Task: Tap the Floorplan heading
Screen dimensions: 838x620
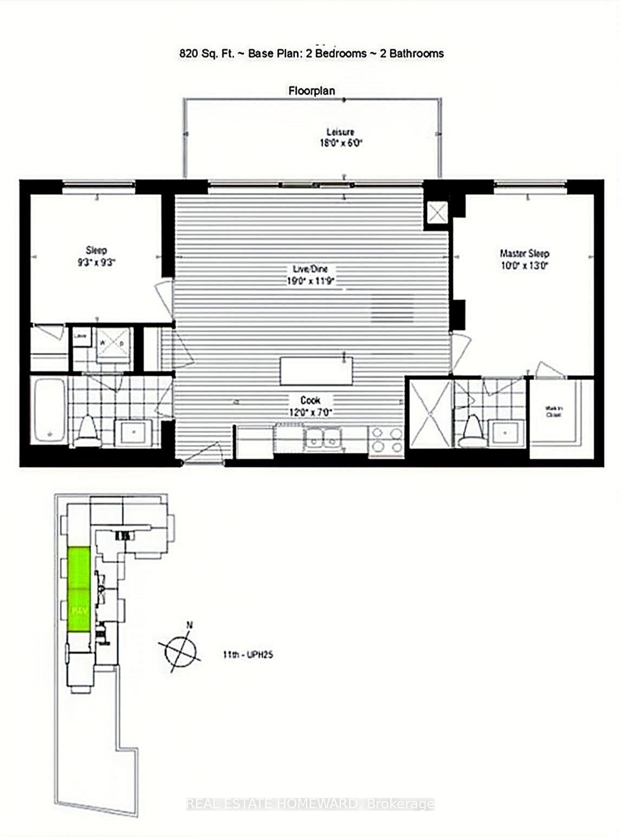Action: (311, 91)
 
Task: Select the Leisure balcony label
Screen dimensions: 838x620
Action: (340, 132)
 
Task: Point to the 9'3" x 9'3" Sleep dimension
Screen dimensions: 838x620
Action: (96, 262)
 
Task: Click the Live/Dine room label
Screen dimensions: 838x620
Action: (307, 269)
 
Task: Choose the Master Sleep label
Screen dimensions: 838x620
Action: (524, 254)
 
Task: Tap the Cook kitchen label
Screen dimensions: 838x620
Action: (310, 400)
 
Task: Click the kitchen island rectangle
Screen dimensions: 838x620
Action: (317, 371)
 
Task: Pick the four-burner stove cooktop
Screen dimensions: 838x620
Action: (386, 440)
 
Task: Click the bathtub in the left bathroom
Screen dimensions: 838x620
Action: (49, 410)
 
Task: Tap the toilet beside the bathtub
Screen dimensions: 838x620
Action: (87, 430)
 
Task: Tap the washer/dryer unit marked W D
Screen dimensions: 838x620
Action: (113, 344)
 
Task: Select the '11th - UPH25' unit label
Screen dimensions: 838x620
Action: (248, 655)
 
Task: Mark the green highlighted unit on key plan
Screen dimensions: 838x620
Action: (79, 589)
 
